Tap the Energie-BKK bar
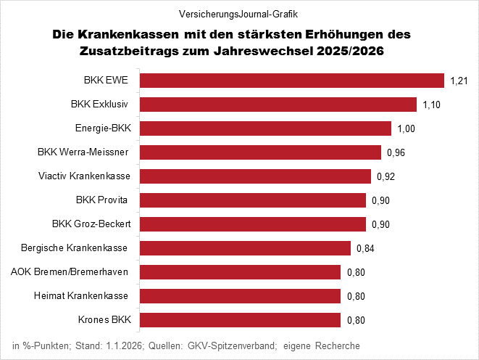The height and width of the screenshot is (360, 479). click(x=265, y=128)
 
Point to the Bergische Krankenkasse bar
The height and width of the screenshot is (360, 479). click(x=245, y=248)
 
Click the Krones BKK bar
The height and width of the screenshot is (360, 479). click(x=240, y=320)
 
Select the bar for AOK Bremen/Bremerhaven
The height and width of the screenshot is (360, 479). click(x=240, y=272)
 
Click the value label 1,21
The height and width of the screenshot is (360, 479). click(x=459, y=81)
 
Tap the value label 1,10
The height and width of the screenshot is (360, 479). click(x=432, y=105)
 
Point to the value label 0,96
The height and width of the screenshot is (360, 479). click(x=396, y=152)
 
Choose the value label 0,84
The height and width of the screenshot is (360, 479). click(x=365, y=248)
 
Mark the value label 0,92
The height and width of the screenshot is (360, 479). click(x=386, y=176)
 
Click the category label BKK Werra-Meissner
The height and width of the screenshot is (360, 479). click(x=83, y=152)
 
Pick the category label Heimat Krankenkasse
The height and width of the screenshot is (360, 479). click(x=81, y=296)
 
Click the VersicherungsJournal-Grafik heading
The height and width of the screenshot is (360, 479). click(x=240, y=14)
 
